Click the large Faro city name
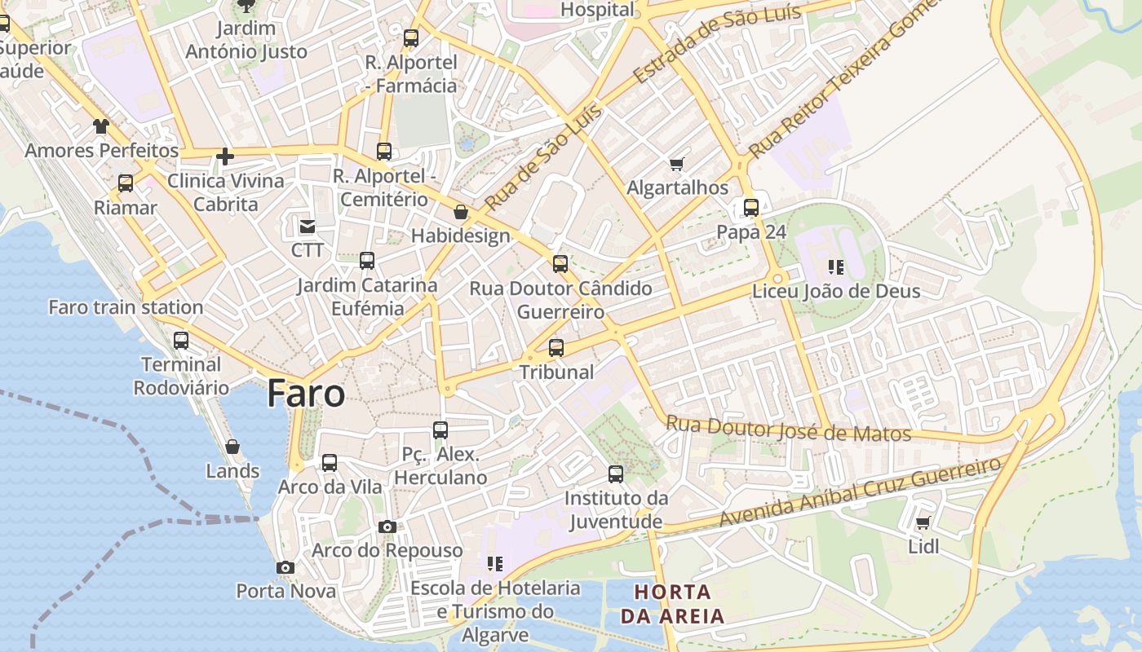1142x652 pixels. click(306, 394)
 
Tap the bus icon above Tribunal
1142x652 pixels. click(556, 348)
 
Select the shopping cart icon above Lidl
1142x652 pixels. click(923, 522)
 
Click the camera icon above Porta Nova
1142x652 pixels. click(285, 567)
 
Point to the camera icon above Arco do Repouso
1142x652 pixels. click(387, 526)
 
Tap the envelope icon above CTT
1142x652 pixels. click(308, 226)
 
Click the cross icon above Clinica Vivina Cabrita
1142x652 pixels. click(225, 156)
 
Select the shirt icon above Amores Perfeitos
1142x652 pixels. click(100, 126)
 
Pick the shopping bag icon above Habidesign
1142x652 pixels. click(461, 212)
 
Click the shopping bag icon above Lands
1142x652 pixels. click(232, 447)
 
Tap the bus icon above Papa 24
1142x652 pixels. click(751, 208)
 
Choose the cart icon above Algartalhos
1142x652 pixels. click(676, 165)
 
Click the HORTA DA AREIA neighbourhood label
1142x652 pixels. click(673, 604)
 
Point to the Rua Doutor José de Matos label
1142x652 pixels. click(788, 430)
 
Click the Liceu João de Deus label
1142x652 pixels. click(836, 291)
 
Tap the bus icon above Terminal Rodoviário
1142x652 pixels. click(181, 340)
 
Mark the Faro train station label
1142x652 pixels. click(126, 307)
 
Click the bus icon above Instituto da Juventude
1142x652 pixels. click(616, 474)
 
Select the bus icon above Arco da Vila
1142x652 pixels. click(330, 463)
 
